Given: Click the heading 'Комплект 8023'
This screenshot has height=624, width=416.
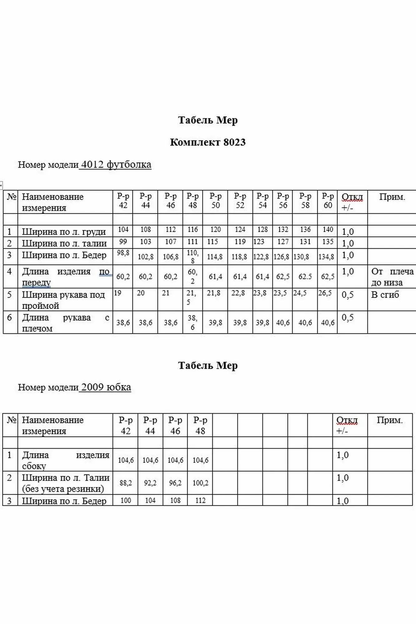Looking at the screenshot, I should tap(208, 142).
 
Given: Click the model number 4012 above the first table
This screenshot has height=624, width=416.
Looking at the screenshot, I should tap(92, 164).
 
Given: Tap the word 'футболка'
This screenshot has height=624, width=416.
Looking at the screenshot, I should tap(129, 164).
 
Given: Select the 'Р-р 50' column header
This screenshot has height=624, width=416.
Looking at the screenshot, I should tap(215, 201).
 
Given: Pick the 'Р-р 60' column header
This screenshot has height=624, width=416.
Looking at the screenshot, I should tap(328, 201).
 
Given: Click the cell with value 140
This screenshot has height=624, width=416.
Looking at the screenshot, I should tap(328, 230).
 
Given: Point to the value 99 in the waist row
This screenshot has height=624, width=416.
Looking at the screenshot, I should tap(123, 241).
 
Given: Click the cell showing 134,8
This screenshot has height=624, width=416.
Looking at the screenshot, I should tap(326, 257).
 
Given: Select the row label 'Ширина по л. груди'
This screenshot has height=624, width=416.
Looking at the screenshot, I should tap(64, 232).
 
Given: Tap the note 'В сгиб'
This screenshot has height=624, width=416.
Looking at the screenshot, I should tap(385, 295).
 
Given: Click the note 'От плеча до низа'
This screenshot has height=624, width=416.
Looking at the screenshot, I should tap(392, 277).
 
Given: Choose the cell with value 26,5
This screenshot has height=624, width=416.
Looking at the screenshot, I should tap(325, 293).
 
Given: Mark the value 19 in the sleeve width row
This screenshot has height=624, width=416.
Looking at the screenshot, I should tap(118, 293).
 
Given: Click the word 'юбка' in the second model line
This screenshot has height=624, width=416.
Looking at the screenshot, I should tap(119, 387).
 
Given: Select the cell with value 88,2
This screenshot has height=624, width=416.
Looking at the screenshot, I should tap(125, 483).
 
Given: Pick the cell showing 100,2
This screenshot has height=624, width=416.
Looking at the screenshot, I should tap(200, 483).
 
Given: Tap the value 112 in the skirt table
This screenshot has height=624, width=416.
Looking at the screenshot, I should tap(200, 500).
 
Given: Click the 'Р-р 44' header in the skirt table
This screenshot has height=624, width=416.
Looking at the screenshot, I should tap(150, 425).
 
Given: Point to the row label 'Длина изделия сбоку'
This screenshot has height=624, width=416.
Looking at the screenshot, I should tap(66, 460).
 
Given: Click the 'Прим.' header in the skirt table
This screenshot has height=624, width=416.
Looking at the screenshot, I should tap(390, 420).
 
